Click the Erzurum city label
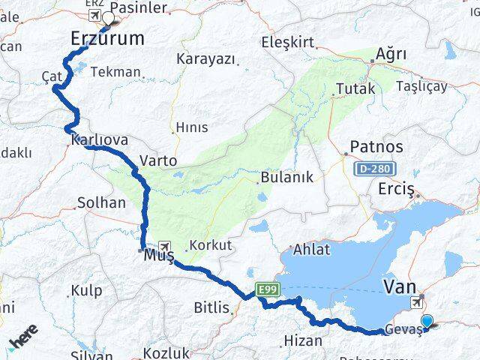[106, 38]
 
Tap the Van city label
[400, 286]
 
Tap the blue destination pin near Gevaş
[427, 322]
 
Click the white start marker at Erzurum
[108, 18]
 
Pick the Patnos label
[377, 147]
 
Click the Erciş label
[397, 188]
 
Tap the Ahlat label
[311, 250]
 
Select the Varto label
[158, 160]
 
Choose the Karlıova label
[100, 140]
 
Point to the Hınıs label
[191, 128]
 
